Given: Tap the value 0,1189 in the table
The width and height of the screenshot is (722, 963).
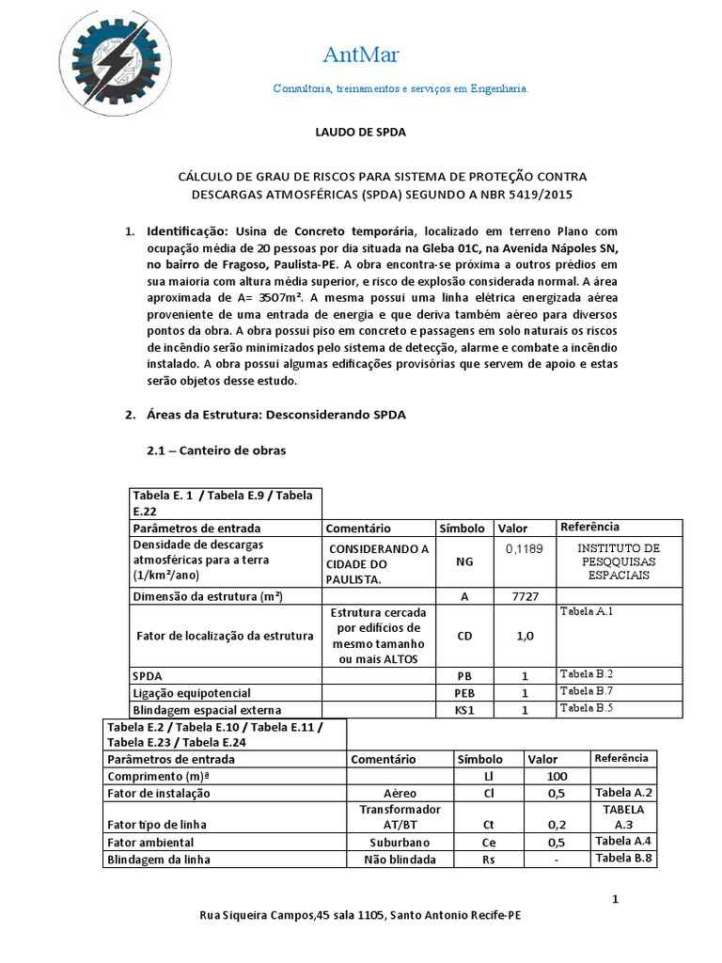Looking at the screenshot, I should (524, 548).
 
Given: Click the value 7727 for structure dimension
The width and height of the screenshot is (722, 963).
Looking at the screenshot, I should (524, 597).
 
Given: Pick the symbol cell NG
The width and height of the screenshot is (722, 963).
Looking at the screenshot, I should (464, 559).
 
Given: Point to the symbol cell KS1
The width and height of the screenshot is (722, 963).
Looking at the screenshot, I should (464, 710).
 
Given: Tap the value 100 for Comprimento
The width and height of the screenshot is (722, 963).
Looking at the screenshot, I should (556, 776).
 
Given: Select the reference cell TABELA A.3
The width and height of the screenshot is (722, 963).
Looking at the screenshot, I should (623, 816).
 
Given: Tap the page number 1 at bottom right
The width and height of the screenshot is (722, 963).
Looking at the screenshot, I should (615, 900).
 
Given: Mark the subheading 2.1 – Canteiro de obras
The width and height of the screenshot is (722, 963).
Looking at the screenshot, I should (216, 450).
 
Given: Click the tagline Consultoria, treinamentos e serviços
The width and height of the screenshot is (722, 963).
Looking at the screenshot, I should (400, 88).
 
